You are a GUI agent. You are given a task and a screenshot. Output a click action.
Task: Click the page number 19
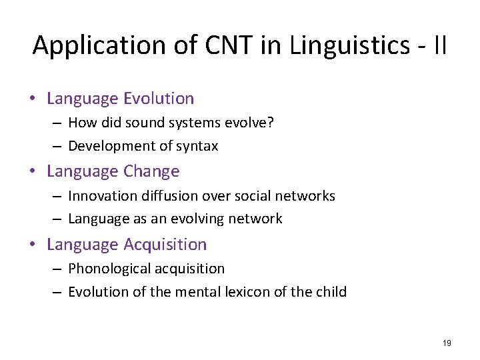coord(447,343)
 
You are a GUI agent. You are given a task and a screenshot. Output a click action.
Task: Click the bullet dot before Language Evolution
coord(33,99)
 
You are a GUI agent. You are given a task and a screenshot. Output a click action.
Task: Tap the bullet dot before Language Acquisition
coord(33,245)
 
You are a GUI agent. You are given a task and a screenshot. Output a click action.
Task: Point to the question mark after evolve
coord(271,123)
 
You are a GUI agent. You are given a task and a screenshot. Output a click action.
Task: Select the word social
coord(248,196)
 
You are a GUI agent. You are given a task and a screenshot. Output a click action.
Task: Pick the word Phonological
coord(110,269)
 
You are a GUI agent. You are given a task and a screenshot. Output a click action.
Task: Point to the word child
coord(331,292)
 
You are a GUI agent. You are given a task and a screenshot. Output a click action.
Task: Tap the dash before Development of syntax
coord(59,146)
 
